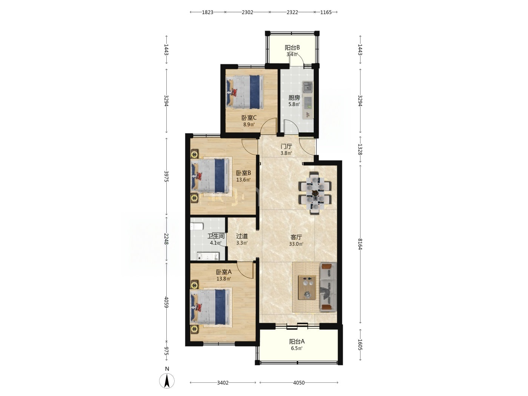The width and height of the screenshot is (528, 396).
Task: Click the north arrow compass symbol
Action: pos(167,381)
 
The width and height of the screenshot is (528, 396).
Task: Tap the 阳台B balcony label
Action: pos(292,48)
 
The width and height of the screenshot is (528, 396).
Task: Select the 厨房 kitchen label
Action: pos(294,98)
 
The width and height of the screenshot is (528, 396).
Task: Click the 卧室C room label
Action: pos(249,118)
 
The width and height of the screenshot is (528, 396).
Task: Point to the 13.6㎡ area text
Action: pos(243,180)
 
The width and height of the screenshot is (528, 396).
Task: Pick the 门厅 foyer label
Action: pos(287,146)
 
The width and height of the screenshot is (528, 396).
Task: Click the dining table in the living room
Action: pos(315,193)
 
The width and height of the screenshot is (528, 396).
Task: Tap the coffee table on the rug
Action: pos(307,287)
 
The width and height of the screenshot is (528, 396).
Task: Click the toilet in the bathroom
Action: pos(196,227)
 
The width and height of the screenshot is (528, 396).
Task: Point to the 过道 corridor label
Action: pos(242,236)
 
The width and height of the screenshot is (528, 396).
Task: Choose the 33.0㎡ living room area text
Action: pos(296,244)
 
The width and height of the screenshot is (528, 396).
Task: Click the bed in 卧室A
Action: pos(210,307)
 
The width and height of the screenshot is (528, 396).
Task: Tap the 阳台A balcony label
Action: pos(297,341)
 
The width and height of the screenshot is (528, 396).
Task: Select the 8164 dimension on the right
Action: pos(360,244)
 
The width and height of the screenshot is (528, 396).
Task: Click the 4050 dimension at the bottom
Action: pos(299,382)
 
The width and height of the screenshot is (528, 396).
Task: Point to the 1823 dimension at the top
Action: pos(207,12)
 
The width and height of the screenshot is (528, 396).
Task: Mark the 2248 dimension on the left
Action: pos(166,239)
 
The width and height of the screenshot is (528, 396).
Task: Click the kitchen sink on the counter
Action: pos(308,87)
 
